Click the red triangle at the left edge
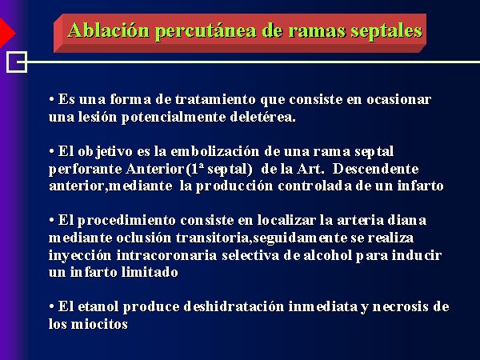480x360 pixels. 6,33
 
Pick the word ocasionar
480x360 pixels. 399,99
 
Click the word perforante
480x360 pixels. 86,169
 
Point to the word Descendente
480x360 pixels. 376,169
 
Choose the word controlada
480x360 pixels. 315,186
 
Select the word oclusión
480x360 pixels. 143,238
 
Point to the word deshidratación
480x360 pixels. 234,306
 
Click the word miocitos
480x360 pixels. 99,324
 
